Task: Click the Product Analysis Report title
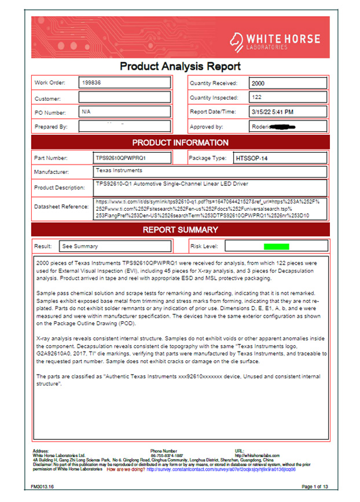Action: [x=179, y=67]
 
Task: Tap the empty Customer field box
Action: [x=124, y=98]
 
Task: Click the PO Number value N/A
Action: [x=86, y=112]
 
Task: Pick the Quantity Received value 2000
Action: [x=259, y=83]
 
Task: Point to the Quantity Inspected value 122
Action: [x=257, y=98]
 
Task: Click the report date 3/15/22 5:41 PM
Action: [x=272, y=112]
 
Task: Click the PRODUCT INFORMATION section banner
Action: [x=180, y=142]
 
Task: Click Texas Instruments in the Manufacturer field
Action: [x=119, y=171]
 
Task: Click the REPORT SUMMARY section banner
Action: [x=180, y=230]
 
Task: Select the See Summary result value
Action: [x=80, y=246]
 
